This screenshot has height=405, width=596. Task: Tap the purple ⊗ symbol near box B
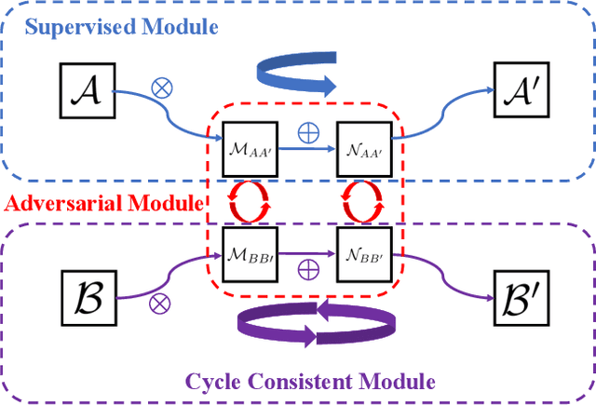click(x=159, y=301)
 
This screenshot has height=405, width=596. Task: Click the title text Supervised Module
click(x=121, y=26)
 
